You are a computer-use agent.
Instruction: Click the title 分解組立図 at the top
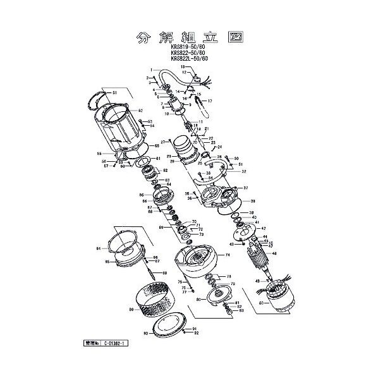(188, 36)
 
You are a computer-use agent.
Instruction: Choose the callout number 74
(228, 255)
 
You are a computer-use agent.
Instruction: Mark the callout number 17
(210, 101)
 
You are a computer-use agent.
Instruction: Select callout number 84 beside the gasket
(99, 249)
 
